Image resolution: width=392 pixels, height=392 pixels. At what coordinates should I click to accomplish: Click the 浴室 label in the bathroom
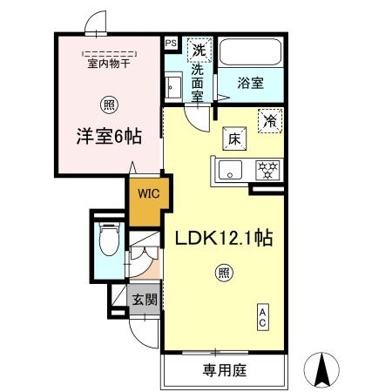pos(253,83)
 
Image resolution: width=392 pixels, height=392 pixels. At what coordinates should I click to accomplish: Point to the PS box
pos(170,42)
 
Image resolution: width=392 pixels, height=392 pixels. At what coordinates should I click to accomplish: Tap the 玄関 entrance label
pos(144,300)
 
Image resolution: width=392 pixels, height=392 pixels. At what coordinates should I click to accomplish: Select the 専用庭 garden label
pos(226,371)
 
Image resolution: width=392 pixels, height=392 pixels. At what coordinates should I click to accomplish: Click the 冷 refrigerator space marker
pos(270,122)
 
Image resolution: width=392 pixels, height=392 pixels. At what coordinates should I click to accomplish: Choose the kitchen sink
pos(231,168)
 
